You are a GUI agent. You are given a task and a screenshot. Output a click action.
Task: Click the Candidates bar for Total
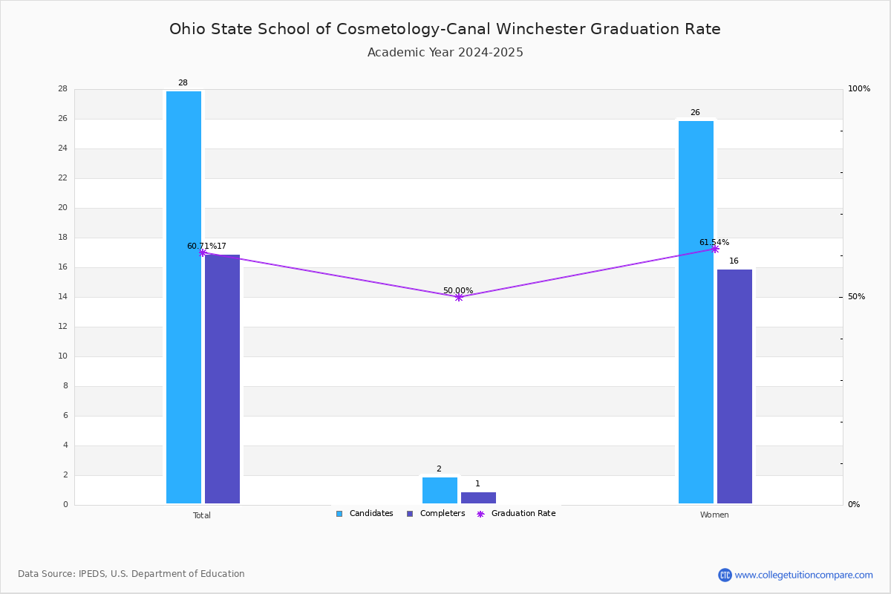click(184, 297)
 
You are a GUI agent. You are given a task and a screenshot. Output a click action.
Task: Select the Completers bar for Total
click(222, 379)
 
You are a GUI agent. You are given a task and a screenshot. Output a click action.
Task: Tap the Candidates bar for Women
click(696, 312)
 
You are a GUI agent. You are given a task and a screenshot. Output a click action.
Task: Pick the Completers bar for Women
click(734, 386)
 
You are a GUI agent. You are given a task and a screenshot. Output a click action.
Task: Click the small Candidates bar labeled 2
click(440, 490)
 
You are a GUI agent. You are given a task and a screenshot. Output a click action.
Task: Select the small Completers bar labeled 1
click(478, 497)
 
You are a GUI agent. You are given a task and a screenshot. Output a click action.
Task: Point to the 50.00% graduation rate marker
click(459, 297)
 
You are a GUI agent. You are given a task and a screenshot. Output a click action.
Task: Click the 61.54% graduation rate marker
click(715, 249)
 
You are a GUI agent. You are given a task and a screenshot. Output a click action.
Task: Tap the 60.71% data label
click(202, 247)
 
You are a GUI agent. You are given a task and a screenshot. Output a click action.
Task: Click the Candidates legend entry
click(365, 513)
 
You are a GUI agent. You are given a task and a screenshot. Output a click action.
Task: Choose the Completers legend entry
click(436, 513)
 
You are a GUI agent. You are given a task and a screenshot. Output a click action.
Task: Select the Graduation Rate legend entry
click(516, 513)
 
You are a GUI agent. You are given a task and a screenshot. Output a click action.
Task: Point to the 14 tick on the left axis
click(63, 296)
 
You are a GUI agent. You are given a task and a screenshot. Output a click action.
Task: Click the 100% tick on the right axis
click(859, 88)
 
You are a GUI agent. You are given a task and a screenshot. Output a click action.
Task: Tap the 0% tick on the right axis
click(854, 504)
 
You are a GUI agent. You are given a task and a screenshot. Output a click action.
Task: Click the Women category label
click(714, 515)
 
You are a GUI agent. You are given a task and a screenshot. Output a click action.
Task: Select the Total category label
click(202, 515)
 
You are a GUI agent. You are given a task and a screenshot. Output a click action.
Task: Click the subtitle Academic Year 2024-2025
click(445, 52)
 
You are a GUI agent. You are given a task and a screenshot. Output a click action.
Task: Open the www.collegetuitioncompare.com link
click(804, 575)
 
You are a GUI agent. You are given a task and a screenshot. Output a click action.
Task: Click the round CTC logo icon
click(725, 575)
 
